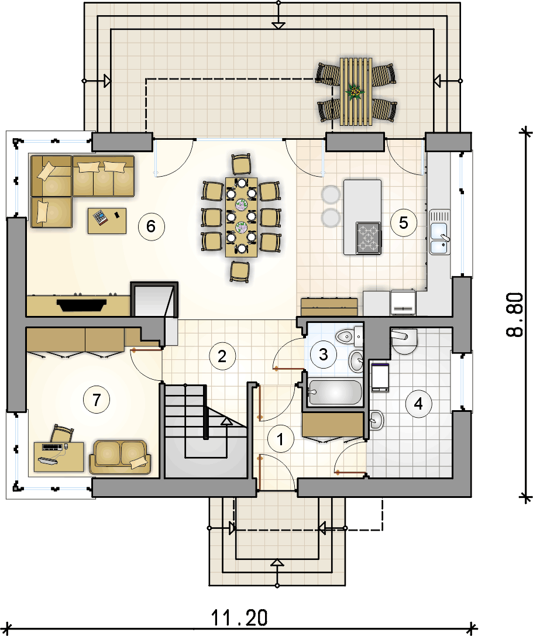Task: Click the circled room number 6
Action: pos(152,226)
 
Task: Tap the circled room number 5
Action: pos(404,222)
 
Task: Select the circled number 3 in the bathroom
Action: pos(324,355)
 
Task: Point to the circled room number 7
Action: pos(96,400)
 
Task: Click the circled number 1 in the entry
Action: pos(280,439)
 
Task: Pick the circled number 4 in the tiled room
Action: pos(418,404)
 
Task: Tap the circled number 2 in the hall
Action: pos(222,356)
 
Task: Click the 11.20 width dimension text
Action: pos(239,618)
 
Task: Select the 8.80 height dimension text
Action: pos(515,315)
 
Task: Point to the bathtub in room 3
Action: pos(335,392)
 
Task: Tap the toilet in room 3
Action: pos(349,335)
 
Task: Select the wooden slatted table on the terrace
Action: pos(356,91)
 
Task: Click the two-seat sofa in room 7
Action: pos(120,457)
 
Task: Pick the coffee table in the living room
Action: pos(107,221)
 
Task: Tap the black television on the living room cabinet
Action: pos(82,305)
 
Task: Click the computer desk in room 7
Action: pos(59,457)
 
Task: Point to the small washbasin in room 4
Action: pos(376,420)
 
